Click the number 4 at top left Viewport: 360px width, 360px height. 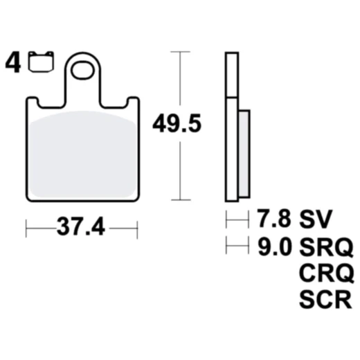[12, 64]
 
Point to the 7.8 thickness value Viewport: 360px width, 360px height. [272, 221]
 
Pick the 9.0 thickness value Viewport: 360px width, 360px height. [272, 246]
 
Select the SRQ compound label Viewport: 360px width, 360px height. [325, 246]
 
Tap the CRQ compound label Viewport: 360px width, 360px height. [325, 273]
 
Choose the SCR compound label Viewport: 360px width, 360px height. [325, 300]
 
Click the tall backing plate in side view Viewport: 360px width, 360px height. [233, 125]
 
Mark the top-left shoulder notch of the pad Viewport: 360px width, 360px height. [33, 102]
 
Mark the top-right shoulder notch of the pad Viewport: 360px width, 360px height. [132, 102]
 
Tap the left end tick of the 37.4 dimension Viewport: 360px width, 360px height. [26, 226]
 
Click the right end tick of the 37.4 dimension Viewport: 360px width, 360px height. [137, 226]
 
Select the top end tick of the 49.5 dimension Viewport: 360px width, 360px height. [180, 52]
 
